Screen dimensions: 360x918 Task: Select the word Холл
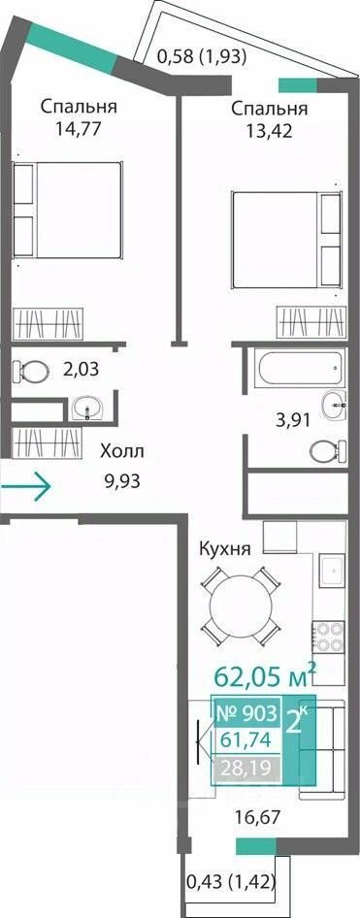click(x=121, y=451)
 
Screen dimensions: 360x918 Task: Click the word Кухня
click(x=225, y=549)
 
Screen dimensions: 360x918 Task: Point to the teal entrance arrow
click(x=26, y=485)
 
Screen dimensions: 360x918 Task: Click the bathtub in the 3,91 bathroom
click(x=297, y=368)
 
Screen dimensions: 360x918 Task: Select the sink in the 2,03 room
click(x=88, y=408)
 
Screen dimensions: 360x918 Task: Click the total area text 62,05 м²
click(x=266, y=677)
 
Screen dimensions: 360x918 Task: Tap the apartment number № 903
click(x=246, y=713)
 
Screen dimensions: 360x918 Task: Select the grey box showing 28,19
click(x=246, y=766)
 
